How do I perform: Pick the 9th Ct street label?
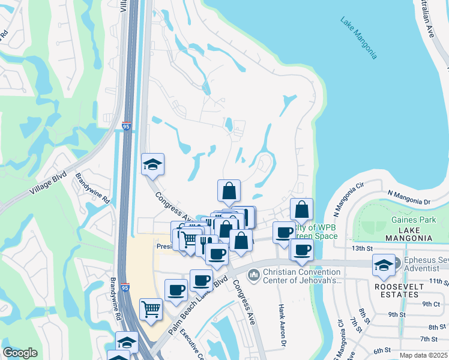pyautogui.click(x=431, y=304)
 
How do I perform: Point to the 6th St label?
pyautogui.click(x=382, y=350)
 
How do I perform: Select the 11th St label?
pyautogui.click(x=439, y=281)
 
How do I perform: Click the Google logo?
pyautogui.click(x=20, y=353)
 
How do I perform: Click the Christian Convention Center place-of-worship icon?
pyautogui.click(x=253, y=274)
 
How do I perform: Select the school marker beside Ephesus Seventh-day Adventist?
pyautogui.click(x=384, y=264)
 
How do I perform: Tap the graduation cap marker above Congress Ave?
pyautogui.click(x=153, y=163)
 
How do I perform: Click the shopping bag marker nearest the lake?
pyautogui.click(x=302, y=209)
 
